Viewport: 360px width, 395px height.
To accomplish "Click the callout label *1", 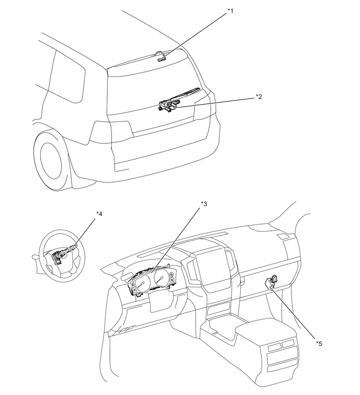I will [x=230, y=10].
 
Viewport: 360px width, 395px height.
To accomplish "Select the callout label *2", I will [x=258, y=97].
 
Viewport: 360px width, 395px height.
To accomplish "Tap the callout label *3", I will [x=204, y=204].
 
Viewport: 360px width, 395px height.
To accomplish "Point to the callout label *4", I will [x=99, y=213].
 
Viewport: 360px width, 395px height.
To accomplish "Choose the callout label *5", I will [x=319, y=343].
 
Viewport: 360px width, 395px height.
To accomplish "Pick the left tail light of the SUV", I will [x=111, y=132].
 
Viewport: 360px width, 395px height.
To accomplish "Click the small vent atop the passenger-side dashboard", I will [x=282, y=237].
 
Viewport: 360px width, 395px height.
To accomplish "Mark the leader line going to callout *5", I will [x=296, y=313].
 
